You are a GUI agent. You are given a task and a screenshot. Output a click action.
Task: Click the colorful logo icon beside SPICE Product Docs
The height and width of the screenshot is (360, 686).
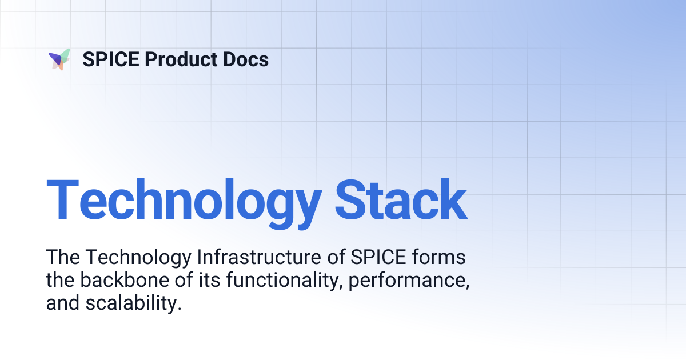(x=59, y=59)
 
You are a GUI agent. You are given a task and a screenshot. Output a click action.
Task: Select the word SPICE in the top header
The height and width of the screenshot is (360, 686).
(x=110, y=59)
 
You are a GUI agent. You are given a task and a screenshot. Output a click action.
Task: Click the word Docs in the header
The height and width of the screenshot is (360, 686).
(x=246, y=59)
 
